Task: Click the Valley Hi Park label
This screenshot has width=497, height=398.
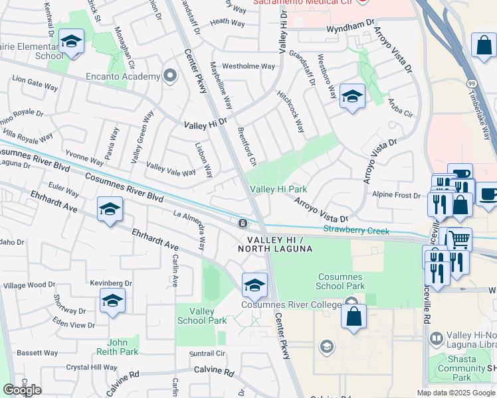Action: click(278, 190)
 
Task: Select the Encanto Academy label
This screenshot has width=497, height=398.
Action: click(123, 76)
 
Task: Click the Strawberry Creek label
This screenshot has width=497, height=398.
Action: click(355, 230)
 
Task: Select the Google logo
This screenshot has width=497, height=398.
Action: click(22, 389)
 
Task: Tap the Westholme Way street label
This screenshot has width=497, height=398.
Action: click(248, 66)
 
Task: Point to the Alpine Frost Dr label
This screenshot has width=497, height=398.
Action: click(397, 196)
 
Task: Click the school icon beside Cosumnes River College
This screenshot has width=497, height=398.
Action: click(254, 285)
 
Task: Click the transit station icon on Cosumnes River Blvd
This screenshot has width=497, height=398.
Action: click(244, 222)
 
